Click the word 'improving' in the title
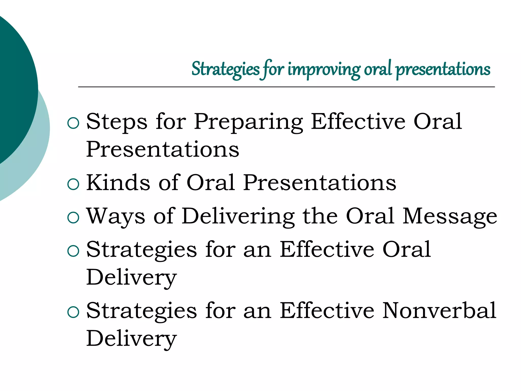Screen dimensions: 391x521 324,69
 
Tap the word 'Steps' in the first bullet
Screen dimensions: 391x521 117,122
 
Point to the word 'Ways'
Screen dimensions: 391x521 116,216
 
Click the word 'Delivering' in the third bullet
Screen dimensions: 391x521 238,216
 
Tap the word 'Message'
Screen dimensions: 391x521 450,216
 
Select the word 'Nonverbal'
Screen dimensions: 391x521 439,311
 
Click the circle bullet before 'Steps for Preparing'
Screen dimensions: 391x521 74,123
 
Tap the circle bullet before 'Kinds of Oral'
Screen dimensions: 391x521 74,184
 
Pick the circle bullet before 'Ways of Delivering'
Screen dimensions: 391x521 74,218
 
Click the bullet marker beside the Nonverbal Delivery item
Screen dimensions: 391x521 74,312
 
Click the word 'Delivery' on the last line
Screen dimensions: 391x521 131,339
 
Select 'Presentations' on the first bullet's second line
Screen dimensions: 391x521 163,150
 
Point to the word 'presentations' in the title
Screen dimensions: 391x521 443,69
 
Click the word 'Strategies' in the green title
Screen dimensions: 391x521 225,69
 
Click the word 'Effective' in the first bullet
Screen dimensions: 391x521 358,122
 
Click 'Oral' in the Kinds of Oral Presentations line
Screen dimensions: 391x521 211,183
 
